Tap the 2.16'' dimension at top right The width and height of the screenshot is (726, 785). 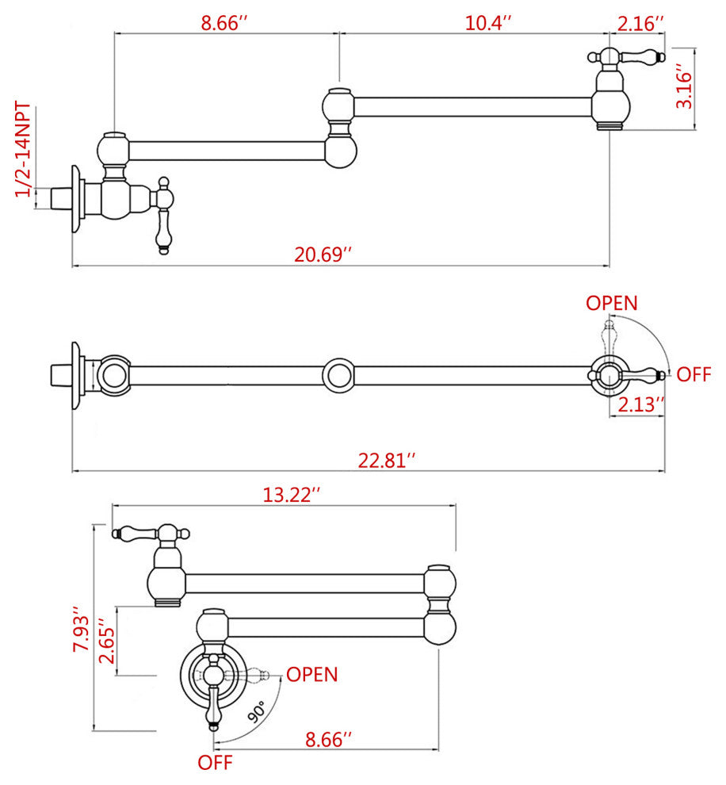[x=640, y=23]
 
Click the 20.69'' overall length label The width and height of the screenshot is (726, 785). [x=323, y=255]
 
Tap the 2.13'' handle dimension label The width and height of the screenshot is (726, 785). [x=640, y=404]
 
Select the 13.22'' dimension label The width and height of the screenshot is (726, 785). [x=292, y=495]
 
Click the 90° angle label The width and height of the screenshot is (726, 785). [x=256, y=712]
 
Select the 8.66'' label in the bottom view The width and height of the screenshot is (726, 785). [x=328, y=741]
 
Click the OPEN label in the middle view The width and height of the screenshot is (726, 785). [x=611, y=303]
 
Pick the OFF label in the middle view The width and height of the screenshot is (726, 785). [x=694, y=375]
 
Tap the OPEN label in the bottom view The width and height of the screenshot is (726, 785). [x=311, y=675]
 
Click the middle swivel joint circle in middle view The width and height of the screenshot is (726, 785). [x=340, y=374]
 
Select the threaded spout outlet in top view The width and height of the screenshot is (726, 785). [x=608, y=124]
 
